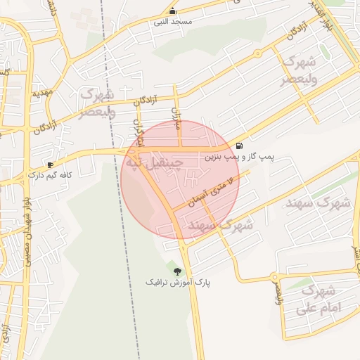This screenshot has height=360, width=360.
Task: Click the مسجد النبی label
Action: coord(172,22)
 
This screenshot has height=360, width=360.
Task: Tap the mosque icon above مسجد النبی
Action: coord(173,11)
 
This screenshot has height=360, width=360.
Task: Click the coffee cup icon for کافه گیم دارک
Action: coord(50,164)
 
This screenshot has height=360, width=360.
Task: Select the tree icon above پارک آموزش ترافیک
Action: coord(177,271)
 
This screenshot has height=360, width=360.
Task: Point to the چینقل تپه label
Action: coord(153,163)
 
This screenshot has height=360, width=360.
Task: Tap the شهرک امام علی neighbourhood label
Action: coord(319,300)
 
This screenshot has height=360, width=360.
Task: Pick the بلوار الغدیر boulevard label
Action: coord(326,15)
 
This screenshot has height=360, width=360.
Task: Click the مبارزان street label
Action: coord(176,122)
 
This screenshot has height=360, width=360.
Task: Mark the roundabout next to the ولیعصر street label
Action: coord(278,271)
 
